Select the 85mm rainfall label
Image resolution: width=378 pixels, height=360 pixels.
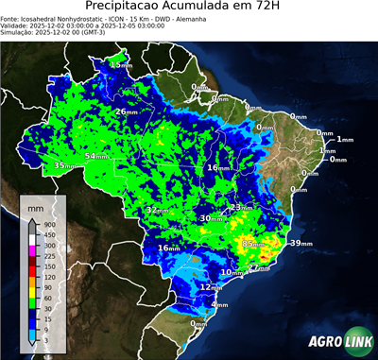(x=252, y=244)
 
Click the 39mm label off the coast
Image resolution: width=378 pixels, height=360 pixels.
(x=300, y=244)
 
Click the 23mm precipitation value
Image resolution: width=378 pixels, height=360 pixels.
(x=241, y=207)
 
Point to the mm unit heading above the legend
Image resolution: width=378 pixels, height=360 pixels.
(x=35, y=205)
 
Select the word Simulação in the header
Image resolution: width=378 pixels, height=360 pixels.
(x=19, y=35)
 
